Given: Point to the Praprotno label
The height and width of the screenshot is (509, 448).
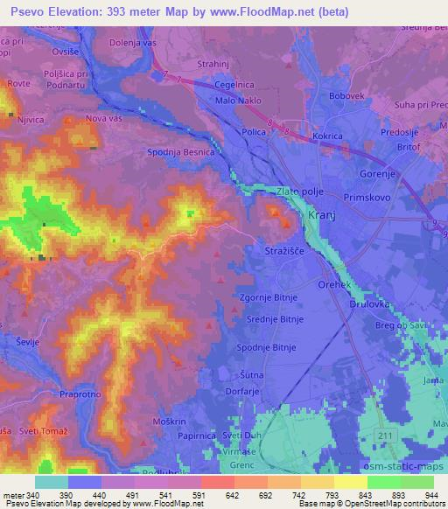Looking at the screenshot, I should coord(84,394).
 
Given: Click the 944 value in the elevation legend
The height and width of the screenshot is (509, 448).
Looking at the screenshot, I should coord(431,495).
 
